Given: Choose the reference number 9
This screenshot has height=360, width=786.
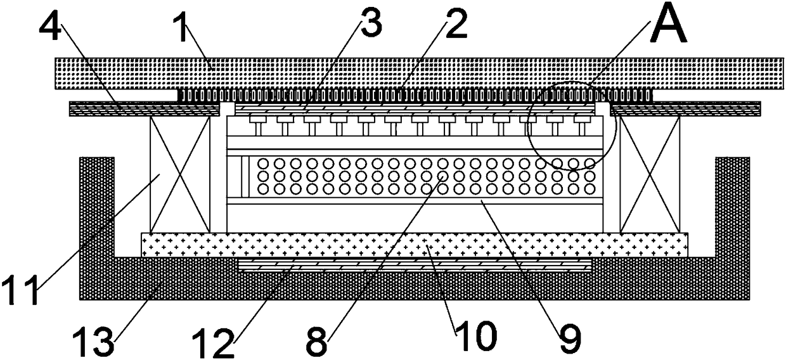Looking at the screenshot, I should pyautogui.click(x=569, y=340).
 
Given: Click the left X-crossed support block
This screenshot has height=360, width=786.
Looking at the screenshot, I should pyautogui.click(x=180, y=173).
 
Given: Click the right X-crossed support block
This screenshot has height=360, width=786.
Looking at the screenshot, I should pyautogui.click(x=650, y=173).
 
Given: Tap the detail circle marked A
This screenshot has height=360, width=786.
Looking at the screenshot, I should pyautogui.click(x=572, y=125).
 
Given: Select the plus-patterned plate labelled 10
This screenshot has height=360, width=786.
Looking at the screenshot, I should pyautogui.click(x=415, y=244).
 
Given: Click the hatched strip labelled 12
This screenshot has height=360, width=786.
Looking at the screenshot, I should pyautogui.click(x=415, y=264).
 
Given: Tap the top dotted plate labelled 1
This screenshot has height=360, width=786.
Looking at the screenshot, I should pyautogui.click(x=418, y=72).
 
